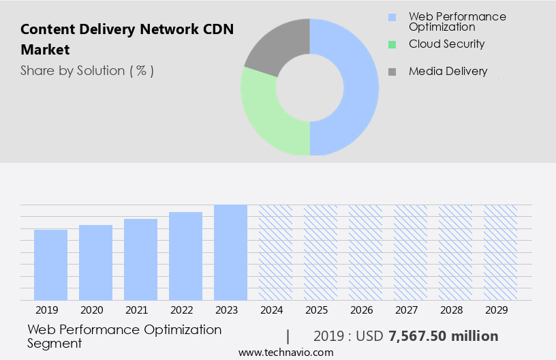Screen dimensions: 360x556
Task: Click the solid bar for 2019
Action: pyautogui.click(x=50, y=265)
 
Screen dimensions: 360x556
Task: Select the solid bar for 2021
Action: pyautogui.click(x=140, y=259)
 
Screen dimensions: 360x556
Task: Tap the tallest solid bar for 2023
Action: pyautogui.click(x=230, y=252)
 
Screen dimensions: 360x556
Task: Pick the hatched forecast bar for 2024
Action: pyautogui.click(x=275, y=252)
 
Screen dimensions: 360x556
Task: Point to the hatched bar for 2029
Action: pyautogui.click(x=500, y=252)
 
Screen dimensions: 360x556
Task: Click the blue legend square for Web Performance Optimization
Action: pyautogui.click(x=392, y=17)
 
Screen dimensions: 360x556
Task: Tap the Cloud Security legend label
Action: pyautogui.click(x=446, y=44)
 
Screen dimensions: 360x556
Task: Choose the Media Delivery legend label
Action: pyautogui.click(x=448, y=71)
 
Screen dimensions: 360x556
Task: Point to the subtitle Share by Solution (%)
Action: pyautogui.click(x=87, y=71)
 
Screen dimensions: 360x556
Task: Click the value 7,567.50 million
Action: pyautogui.click(x=443, y=336)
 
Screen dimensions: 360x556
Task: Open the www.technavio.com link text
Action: pyautogui.click(x=285, y=352)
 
